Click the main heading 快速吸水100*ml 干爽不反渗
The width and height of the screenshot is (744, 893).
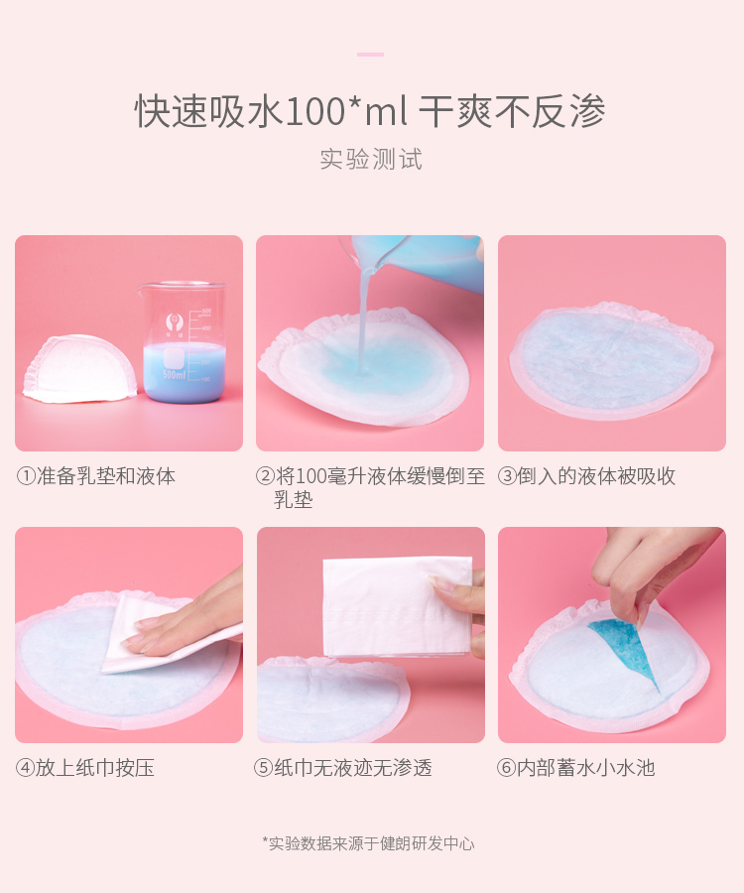pos(370,110)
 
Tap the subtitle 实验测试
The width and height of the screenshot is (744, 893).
pos(371,159)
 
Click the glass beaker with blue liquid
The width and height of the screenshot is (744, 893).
pos(183,341)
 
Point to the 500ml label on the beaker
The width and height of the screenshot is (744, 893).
pos(175,374)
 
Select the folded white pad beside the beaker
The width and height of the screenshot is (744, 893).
pos(79,369)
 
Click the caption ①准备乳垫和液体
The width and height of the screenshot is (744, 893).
pos(95,476)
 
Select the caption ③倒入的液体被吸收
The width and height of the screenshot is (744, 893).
pos(587,476)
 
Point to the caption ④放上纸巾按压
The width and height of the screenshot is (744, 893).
pos(85,768)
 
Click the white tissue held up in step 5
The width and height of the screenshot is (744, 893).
pos(398,606)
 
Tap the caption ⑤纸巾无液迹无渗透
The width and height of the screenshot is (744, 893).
pos(343,768)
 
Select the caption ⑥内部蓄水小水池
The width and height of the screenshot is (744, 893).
pos(576,768)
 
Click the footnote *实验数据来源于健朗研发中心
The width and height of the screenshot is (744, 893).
pos(368,843)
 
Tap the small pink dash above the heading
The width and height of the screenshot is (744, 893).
pos(370,55)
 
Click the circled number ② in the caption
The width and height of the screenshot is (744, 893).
pos(265,476)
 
